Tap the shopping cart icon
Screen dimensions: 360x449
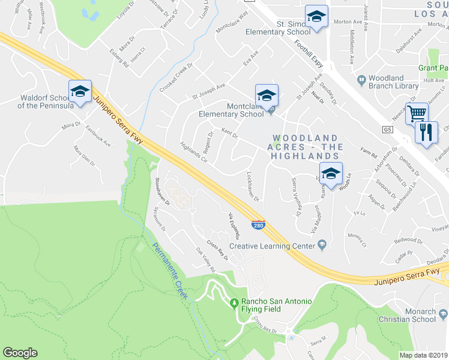417,113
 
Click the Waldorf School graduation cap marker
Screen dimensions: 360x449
80,92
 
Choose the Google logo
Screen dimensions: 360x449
20,353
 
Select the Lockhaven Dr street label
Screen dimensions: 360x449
253,187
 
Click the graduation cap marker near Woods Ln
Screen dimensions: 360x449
330,173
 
